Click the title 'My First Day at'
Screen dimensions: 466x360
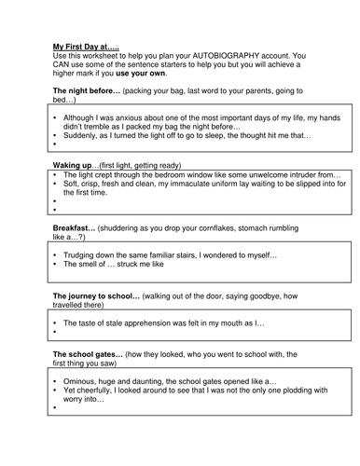click(x=81, y=45)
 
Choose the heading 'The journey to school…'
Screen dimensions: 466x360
click(x=96, y=295)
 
